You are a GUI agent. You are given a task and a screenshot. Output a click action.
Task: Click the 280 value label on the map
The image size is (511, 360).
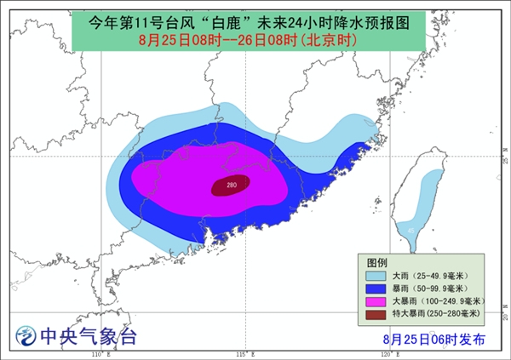click(x=232, y=185)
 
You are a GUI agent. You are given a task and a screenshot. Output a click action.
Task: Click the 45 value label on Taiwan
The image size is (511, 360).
click(x=411, y=229)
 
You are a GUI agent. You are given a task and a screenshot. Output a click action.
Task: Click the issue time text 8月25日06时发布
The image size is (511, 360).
click(x=433, y=338)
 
